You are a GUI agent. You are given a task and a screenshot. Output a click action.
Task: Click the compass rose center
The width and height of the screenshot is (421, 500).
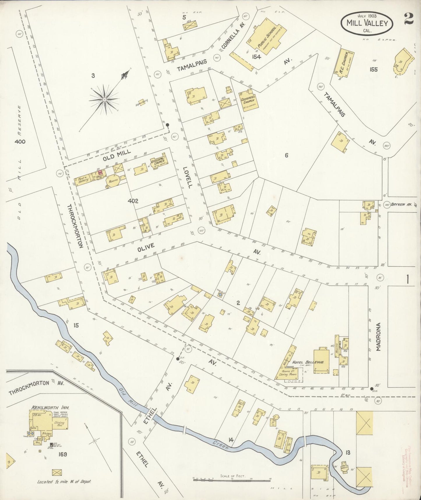click(104, 100)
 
